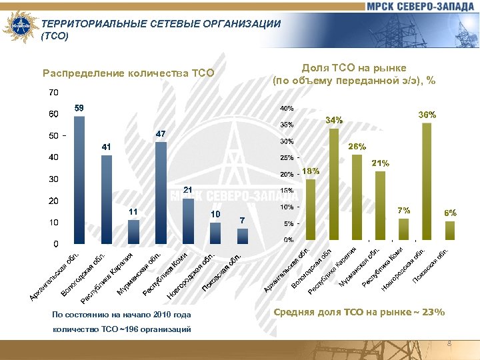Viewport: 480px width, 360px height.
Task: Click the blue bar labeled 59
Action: [79, 180]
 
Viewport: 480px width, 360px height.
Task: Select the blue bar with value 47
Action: [161, 193]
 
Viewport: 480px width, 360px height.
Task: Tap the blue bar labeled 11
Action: [134, 231]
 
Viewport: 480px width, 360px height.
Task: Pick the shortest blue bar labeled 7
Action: [243, 236]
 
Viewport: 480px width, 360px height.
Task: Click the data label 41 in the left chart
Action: [107, 146]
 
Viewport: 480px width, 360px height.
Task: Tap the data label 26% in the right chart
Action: [357, 146]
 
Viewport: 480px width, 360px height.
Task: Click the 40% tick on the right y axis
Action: [287, 108]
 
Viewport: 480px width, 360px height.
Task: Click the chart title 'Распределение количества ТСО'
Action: [128, 73]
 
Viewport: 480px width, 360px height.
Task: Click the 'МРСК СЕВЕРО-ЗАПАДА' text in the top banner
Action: [419, 7]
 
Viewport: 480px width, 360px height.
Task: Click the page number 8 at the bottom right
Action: [449, 344]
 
